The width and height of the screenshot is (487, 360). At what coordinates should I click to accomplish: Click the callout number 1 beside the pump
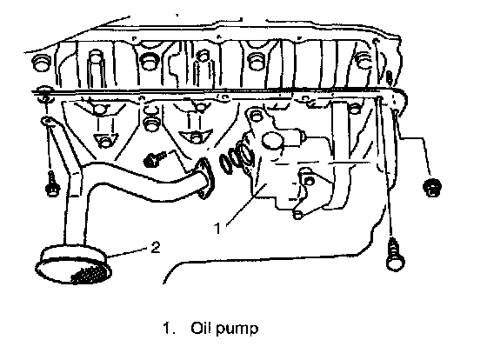coord(217,228)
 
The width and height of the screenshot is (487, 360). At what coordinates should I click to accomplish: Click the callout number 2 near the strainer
coord(156,247)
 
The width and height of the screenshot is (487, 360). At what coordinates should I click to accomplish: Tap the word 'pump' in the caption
coord(237,330)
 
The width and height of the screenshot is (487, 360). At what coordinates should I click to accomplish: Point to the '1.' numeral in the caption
coord(168,329)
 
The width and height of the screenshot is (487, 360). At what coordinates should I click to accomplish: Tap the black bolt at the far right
coord(432,187)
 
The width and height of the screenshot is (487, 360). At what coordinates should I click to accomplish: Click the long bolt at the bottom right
coord(395,254)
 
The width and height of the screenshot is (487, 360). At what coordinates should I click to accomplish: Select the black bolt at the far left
coord(52,185)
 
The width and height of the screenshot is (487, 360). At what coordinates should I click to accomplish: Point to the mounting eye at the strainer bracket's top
coord(47,121)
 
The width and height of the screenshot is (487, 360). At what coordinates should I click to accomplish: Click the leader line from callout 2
coord(129,252)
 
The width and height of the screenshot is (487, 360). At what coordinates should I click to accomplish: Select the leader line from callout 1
coord(245,203)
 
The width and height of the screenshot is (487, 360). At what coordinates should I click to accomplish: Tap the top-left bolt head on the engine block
coord(42,62)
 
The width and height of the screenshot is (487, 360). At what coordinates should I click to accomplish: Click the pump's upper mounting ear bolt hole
coord(257,116)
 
